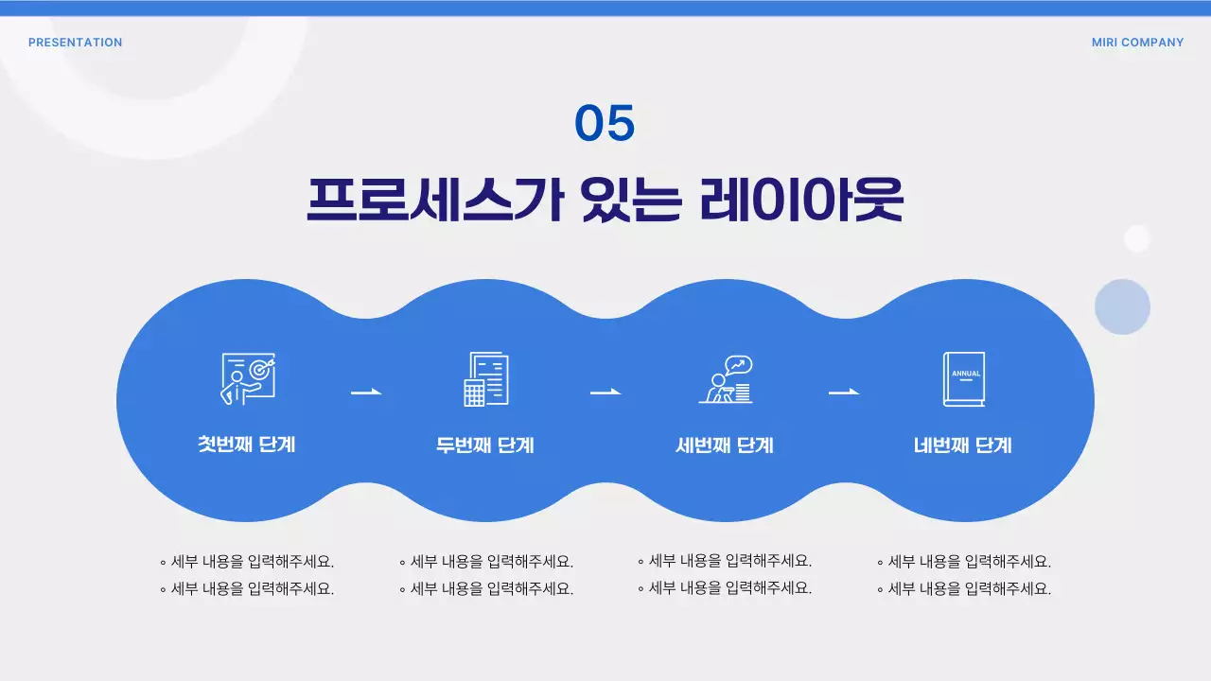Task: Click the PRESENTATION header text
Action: pyautogui.click(x=75, y=43)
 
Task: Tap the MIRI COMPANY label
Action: pyautogui.click(x=1137, y=43)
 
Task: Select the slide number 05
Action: pyautogui.click(x=605, y=124)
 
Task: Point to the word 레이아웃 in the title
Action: pyautogui.click(x=801, y=200)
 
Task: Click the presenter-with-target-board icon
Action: pyautogui.click(x=247, y=379)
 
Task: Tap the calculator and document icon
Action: pyautogui.click(x=485, y=379)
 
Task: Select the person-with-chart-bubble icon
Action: pyautogui.click(x=726, y=378)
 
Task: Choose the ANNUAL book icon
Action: pyautogui.click(x=964, y=379)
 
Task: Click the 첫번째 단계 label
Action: pyautogui.click(x=247, y=444)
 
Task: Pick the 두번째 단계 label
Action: pyautogui.click(x=485, y=445)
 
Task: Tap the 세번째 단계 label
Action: pyautogui.click(x=725, y=445)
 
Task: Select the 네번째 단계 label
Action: pyautogui.click(x=963, y=445)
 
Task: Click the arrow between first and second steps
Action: pyautogui.click(x=366, y=392)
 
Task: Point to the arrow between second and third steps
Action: pyautogui.click(x=605, y=392)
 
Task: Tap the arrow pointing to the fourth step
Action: pyautogui.click(x=844, y=392)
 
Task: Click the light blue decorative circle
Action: pyautogui.click(x=1122, y=306)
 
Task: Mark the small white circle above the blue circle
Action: pyautogui.click(x=1136, y=238)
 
